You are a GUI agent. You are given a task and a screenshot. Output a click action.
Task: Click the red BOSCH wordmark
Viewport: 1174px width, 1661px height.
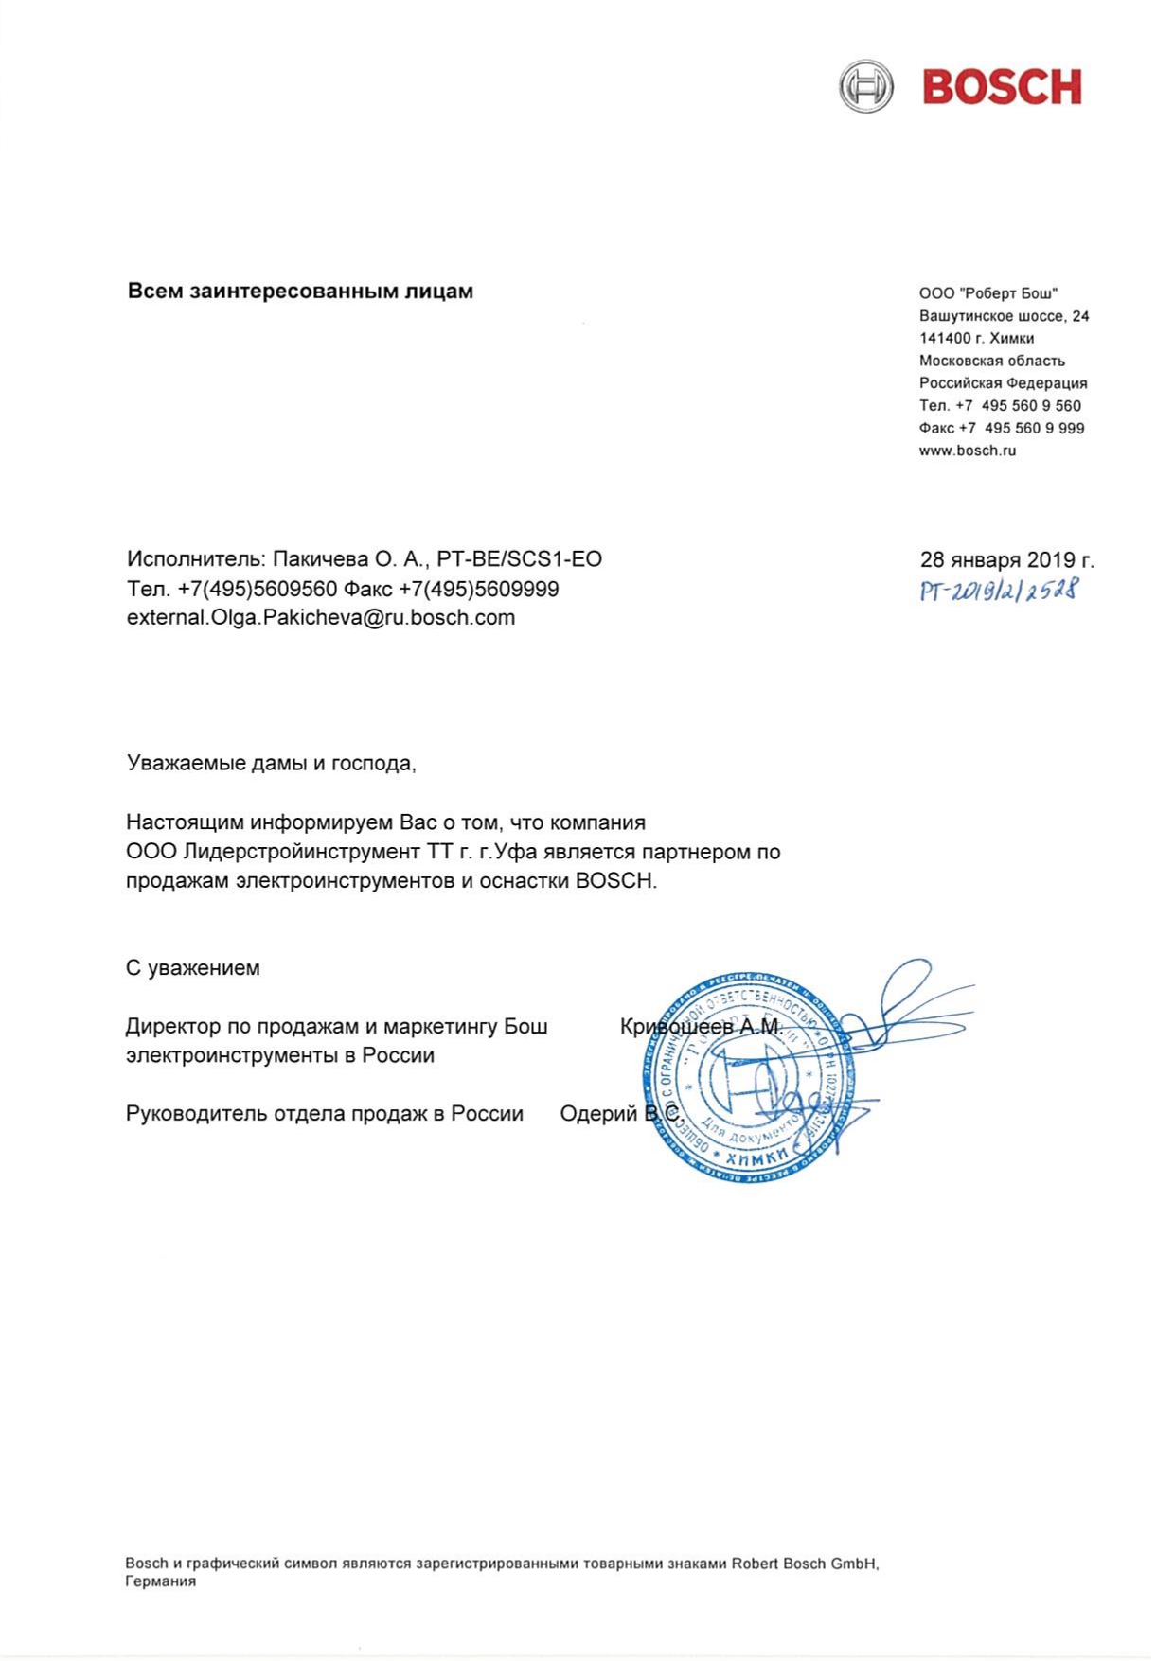tap(1002, 87)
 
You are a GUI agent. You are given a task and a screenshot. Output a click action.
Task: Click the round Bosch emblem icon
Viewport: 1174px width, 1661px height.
tap(865, 87)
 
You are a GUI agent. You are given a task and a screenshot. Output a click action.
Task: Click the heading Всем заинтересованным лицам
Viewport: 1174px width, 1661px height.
tap(300, 292)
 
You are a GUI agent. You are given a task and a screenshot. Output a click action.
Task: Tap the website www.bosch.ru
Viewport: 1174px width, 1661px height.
tap(967, 451)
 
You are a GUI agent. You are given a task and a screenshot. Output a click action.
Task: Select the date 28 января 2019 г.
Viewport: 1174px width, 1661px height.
tap(1006, 560)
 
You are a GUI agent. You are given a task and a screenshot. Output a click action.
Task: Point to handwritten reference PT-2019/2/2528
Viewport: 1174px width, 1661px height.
tap(998, 592)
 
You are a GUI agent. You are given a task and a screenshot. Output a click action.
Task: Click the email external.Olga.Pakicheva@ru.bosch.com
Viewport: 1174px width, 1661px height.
tap(321, 618)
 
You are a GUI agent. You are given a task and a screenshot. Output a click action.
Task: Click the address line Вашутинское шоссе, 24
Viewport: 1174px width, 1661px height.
tap(1004, 316)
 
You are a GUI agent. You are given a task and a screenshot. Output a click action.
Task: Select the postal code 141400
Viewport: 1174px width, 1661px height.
tap(944, 339)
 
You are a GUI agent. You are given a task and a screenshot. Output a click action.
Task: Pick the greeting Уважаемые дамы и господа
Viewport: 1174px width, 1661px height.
tap(272, 763)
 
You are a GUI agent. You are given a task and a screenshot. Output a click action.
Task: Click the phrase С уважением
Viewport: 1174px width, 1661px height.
tap(192, 968)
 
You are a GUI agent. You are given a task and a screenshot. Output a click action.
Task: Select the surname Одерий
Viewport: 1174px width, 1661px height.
tap(598, 1114)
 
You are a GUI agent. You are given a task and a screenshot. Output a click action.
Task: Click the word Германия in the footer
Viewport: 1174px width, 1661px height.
tap(160, 1581)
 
